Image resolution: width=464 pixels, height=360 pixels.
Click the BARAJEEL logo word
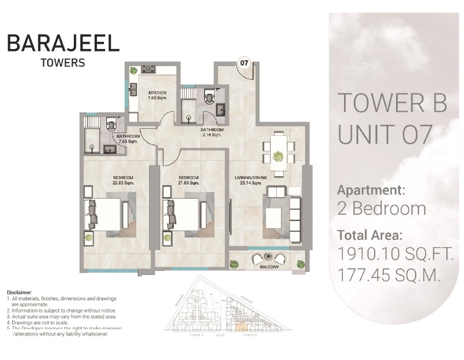coord(63,43)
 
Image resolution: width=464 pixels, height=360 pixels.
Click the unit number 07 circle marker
coord(243,61)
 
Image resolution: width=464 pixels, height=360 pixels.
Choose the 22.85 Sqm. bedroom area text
coord(124,183)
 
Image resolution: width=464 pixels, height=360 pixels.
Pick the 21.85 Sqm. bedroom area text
coord(189,183)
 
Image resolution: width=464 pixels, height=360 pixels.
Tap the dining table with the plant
coord(277,155)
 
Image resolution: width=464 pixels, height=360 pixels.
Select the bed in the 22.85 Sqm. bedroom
coord(106,213)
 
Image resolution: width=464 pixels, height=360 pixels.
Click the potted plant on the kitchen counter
coord(134,70)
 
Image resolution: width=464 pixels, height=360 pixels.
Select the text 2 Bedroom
coord(381,208)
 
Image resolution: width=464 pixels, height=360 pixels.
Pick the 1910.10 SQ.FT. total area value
coord(395,255)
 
